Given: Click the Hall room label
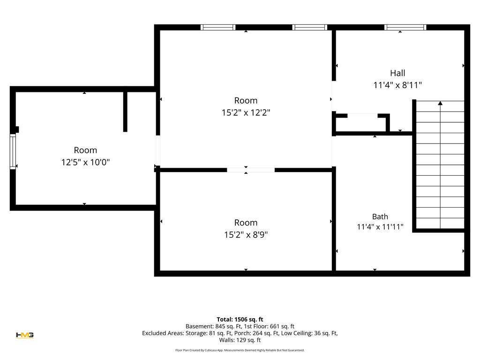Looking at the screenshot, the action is pos(397,73).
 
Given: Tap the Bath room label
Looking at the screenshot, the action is pos(380,217).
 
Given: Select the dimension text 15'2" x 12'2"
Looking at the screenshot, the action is pos(246,112).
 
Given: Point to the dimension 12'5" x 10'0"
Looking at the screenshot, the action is pos(85,162).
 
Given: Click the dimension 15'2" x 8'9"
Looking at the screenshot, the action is pos(246,235).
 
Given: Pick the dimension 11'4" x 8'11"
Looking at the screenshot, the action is pos(397,85).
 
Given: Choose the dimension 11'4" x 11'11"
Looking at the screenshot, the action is pos(380,227).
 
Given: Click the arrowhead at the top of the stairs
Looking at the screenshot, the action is pos(440,103).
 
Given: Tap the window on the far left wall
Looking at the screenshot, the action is pos(13,151).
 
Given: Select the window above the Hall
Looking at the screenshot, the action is pos(405,27).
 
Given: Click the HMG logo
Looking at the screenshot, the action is pos(25,335).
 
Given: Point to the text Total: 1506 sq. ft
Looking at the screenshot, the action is pos(240,320).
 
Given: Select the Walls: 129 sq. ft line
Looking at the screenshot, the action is pos(240,340).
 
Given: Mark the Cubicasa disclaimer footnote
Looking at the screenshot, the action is pos(240,350).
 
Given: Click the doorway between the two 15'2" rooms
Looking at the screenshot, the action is pos(251,170).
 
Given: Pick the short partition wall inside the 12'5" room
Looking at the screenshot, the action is pos(125,112).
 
